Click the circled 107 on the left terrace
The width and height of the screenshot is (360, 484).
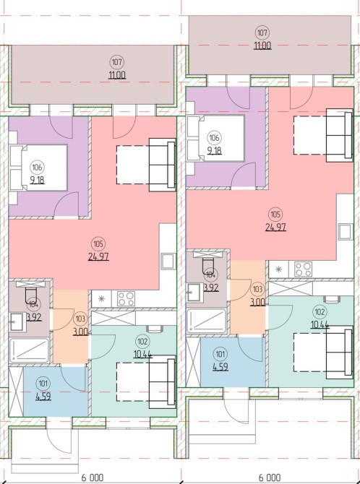click(x=116, y=62)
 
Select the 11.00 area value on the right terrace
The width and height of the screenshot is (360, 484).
click(x=262, y=46)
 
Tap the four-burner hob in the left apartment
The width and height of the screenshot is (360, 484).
click(x=126, y=298)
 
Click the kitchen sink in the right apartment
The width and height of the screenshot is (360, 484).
click(x=346, y=232)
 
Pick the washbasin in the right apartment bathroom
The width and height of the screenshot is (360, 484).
click(x=194, y=291)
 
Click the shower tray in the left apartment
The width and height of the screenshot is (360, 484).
click(x=30, y=350)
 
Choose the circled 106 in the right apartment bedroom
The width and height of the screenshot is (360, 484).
click(x=214, y=138)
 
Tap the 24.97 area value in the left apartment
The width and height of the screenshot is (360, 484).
click(x=98, y=256)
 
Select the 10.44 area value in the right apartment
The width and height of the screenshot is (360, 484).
click(x=320, y=325)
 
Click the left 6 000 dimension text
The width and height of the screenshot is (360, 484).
click(x=93, y=477)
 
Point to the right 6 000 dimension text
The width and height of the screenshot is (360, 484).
click(x=270, y=477)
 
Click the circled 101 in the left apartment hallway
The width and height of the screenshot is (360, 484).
click(x=43, y=384)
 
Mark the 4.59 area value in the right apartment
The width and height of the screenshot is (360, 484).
click(x=220, y=367)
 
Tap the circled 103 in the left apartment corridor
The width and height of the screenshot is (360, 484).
click(x=80, y=319)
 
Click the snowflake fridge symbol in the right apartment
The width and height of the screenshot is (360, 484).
click(x=278, y=269)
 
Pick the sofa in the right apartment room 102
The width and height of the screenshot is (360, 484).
click(x=340, y=352)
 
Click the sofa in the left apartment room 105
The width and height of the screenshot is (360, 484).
click(x=163, y=165)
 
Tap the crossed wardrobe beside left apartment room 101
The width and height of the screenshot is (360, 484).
click(x=16, y=392)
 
